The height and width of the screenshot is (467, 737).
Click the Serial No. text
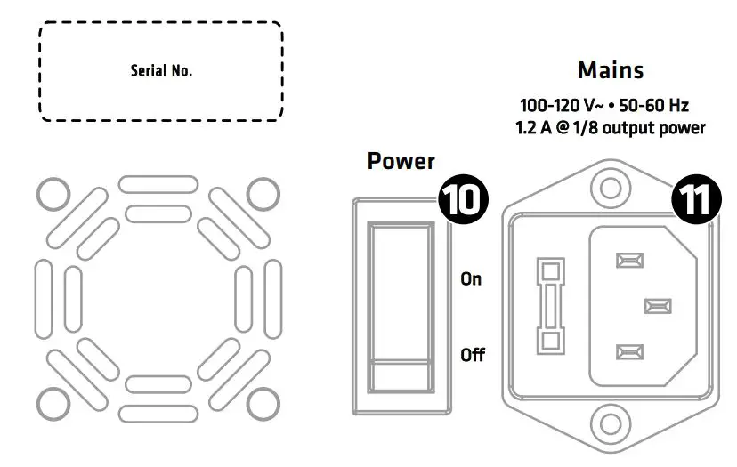[161, 71]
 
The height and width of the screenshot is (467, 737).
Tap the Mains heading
[610, 69]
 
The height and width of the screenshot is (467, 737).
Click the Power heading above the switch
[401, 161]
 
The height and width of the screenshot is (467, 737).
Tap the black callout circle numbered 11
[696, 198]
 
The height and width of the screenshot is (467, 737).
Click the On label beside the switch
[471, 278]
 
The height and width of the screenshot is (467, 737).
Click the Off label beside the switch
[472, 355]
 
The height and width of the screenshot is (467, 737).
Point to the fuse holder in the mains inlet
[549, 306]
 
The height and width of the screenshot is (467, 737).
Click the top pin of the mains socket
[629, 261]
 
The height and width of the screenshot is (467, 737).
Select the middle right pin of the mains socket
[658, 306]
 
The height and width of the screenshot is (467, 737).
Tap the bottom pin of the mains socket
[629, 351]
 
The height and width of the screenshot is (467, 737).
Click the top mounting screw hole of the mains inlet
[610, 188]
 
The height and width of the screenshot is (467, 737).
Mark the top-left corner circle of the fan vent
[53, 191]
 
